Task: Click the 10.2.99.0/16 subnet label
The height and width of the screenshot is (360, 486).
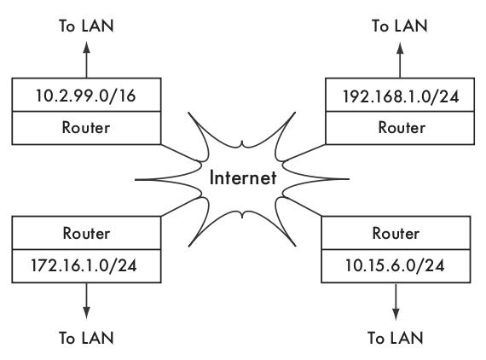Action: coord(86,96)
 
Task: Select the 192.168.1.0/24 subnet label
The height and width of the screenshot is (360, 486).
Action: coord(401,96)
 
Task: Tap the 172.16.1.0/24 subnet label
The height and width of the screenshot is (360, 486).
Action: coord(84,265)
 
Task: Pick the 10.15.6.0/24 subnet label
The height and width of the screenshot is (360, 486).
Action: coord(395,265)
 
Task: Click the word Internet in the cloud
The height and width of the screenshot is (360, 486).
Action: coord(243,177)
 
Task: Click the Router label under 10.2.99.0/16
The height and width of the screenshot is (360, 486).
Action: coord(86,127)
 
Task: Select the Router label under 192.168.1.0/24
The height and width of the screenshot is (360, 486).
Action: coord(402,127)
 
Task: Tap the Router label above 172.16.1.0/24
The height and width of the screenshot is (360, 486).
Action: coord(86,233)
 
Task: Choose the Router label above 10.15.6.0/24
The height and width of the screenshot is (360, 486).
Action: coord(396,233)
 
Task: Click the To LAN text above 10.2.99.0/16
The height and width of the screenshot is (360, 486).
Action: coord(86,26)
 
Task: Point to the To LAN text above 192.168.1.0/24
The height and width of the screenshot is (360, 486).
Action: coord(400,26)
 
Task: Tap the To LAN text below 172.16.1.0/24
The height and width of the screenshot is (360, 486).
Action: coord(86,338)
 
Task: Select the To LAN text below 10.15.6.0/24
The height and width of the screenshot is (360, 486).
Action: coord(395,338)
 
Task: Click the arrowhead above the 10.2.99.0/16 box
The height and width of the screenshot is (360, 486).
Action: coord(86,48)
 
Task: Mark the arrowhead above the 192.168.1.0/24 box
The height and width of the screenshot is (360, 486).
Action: coord(400,48)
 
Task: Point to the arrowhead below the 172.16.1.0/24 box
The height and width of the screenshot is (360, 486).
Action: coord(86,313)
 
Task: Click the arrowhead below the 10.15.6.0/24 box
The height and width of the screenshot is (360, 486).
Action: coord(396,313)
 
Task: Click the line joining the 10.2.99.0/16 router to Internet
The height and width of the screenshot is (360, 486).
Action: coord(181,153)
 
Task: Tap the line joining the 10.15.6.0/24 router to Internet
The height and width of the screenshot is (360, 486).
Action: coord(302,206)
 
